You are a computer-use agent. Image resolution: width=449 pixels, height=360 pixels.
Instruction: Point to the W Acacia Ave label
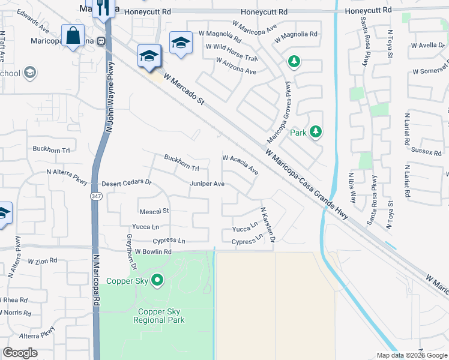[x=240, y=164]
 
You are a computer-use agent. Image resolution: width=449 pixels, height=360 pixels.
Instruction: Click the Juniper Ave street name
[x=207, y=184]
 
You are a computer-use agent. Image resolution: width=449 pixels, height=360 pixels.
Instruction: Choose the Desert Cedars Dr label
[x=126, y=183]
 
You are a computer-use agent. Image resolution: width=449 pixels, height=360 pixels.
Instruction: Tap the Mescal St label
[x=154, y=211]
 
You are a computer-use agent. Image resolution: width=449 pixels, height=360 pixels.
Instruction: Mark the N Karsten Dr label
[x=267, y=225]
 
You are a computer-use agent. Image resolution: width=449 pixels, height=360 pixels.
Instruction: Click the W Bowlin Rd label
[x=153, y=252]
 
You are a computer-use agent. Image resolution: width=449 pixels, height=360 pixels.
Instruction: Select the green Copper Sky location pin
[x=157, y=280]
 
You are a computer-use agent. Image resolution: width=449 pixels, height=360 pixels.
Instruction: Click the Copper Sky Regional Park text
[x=161, y=316]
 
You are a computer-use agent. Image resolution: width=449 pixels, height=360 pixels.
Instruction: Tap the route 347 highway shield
[x=96, y=196]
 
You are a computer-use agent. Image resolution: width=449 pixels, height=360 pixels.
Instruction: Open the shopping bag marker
[x=73, y=36]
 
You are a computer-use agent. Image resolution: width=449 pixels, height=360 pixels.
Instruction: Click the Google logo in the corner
[x=20, y=353]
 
